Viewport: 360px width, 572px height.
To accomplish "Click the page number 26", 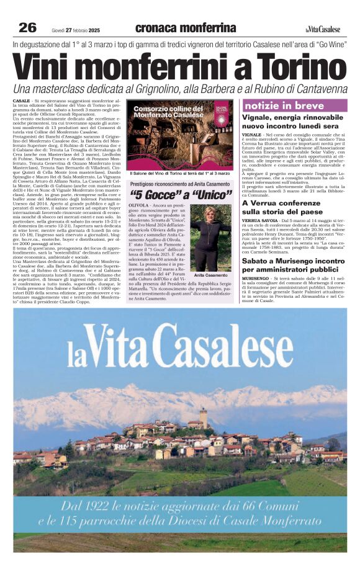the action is click(27, 27).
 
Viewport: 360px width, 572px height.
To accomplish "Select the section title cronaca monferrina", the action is click(185, 28).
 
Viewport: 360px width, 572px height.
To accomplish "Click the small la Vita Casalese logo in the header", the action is click(323, 29).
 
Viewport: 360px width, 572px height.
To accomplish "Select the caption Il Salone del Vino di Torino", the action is click(180, 174).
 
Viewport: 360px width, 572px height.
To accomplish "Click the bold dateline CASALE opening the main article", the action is click(21, 100).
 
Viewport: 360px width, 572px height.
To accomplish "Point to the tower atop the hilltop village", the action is click(203, 417).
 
